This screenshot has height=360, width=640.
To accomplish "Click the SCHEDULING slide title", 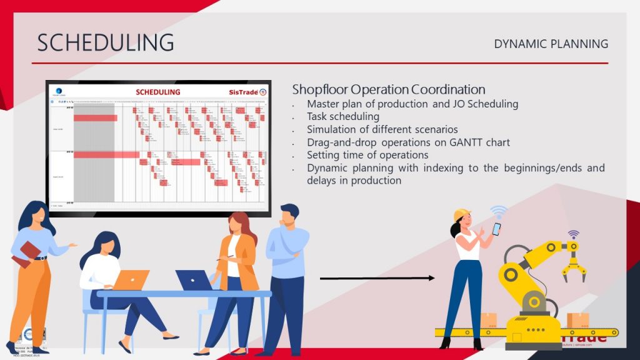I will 105,42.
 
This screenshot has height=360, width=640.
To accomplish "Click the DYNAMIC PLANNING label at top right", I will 551,44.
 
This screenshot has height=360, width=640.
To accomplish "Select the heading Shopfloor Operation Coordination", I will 388,89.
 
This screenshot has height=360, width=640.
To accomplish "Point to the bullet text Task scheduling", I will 342,116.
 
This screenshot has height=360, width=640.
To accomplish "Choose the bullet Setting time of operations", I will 367,155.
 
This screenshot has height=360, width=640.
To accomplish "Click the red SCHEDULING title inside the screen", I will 157,92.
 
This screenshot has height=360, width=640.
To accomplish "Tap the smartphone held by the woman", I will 496,229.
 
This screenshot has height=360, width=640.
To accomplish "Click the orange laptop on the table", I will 131,280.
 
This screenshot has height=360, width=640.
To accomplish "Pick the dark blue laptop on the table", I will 193,280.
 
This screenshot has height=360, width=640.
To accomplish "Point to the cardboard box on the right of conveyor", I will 577,321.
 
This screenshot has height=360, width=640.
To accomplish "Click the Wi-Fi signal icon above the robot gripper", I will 573,234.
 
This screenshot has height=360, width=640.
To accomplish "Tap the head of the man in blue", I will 289,216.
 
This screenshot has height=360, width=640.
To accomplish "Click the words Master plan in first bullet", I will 331,104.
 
